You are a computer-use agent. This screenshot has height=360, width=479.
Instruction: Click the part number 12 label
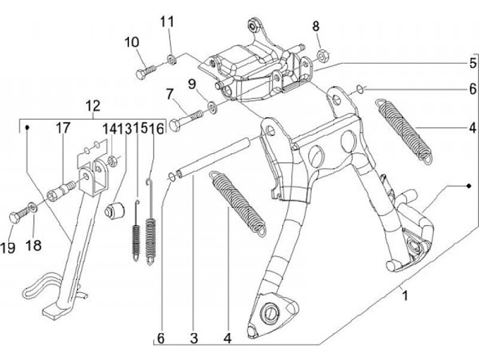(92, 105)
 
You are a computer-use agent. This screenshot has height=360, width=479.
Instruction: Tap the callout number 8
(316, 27)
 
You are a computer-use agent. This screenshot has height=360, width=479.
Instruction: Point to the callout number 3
(194, 338)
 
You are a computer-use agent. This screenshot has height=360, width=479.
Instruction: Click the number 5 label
(472, 64)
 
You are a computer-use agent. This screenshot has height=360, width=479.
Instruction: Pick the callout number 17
(61, 127)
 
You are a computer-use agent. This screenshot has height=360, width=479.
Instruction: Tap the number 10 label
(132, 43)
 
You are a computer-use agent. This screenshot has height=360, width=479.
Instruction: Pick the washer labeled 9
(212, 106)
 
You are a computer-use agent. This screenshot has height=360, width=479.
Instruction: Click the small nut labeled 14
(112, 160)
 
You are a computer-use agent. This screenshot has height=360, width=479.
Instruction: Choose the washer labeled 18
(34, 210)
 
